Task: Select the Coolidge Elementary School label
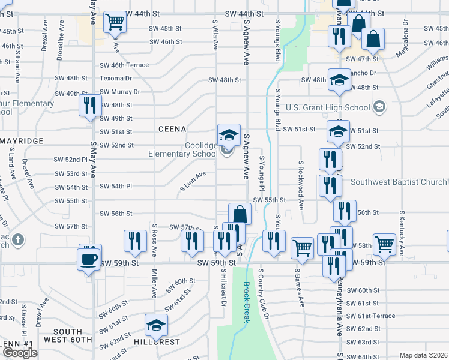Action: (x=184, y=149)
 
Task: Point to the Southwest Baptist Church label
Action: (x=399, y=182)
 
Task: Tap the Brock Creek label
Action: (x=246, y=302)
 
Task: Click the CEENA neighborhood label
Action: (x=172, y=129)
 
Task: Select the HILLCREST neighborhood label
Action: (x=157, y=342)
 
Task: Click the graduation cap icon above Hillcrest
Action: (x=156, y=326)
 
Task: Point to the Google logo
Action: (x=19, y=353)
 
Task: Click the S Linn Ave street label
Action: (x=193, y=182)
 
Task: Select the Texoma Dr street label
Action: (x=115, y=78)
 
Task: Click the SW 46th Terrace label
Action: (x=124, y=65)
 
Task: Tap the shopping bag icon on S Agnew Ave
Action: (x=240, y=214)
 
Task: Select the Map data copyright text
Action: (x=423, y=355)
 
